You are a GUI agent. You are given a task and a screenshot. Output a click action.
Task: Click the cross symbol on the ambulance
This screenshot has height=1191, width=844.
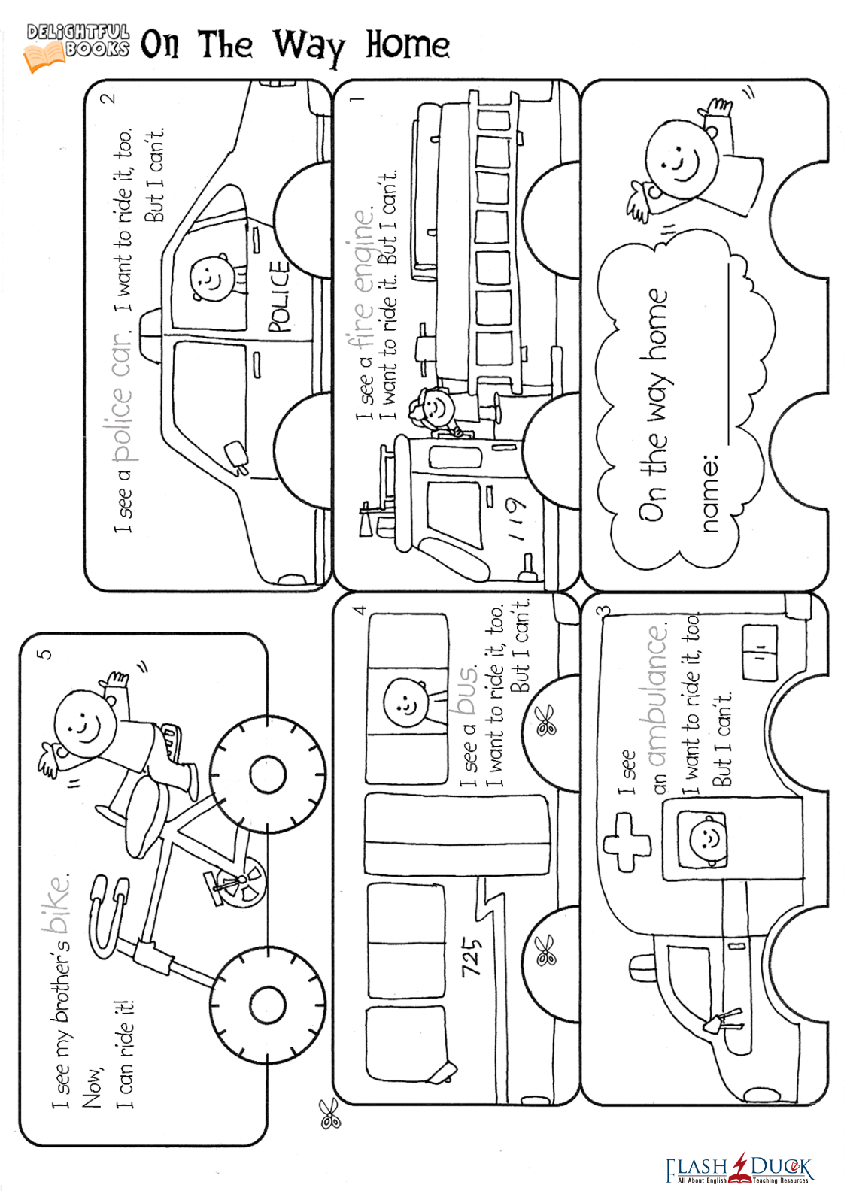(x=627, y=843)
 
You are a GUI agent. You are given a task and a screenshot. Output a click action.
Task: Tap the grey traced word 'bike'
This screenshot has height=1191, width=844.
(x=59, y=903)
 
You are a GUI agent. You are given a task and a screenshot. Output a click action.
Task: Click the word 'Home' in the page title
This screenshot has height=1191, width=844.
(x=408, y=45)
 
